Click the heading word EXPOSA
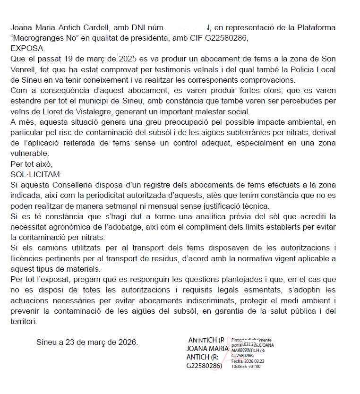point(27,48)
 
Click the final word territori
point(23,322)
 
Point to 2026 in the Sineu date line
point(126,342)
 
